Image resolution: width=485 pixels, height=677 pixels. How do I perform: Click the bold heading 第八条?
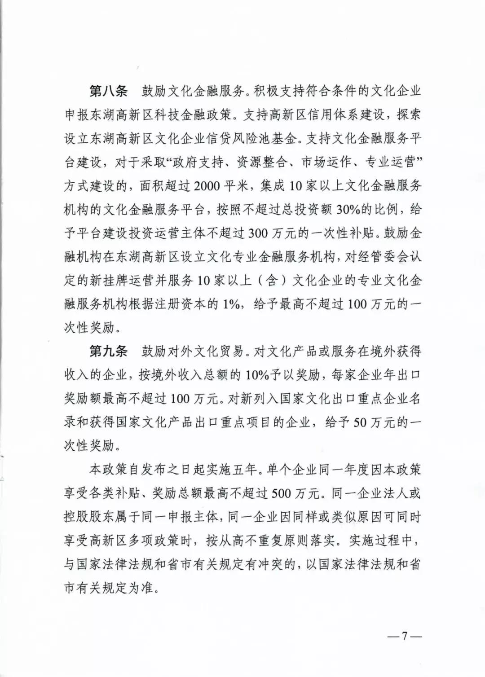108,92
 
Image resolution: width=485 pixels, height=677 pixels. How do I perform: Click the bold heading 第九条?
108,351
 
